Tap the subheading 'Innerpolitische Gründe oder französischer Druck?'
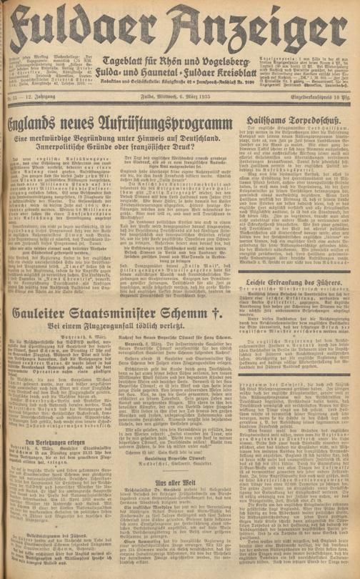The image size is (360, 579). (x=124, y=133)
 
